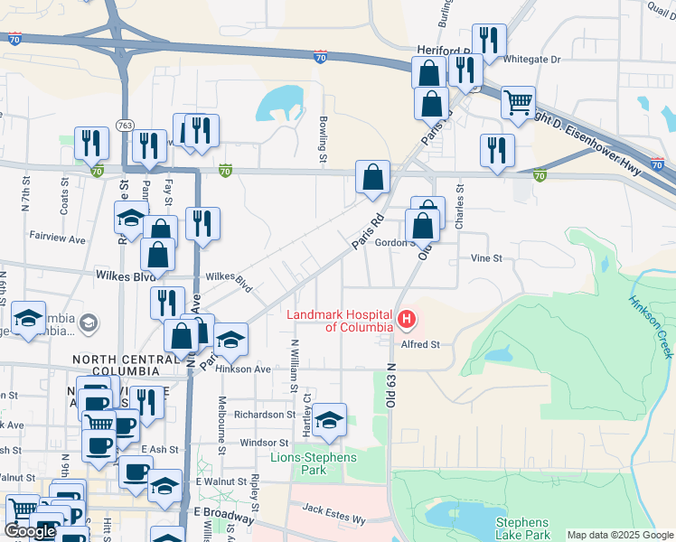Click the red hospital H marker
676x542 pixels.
coord(407,320)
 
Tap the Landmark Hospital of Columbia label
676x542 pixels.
coord(340,321)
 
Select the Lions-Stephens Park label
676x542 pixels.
coord(314,463)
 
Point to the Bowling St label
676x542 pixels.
coord(323,139)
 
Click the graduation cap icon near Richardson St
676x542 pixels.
coord(330,419)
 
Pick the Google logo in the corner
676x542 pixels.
coord(30,531)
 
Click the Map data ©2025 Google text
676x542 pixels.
coord(620,535)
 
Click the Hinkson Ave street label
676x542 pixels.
coord(248,369)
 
